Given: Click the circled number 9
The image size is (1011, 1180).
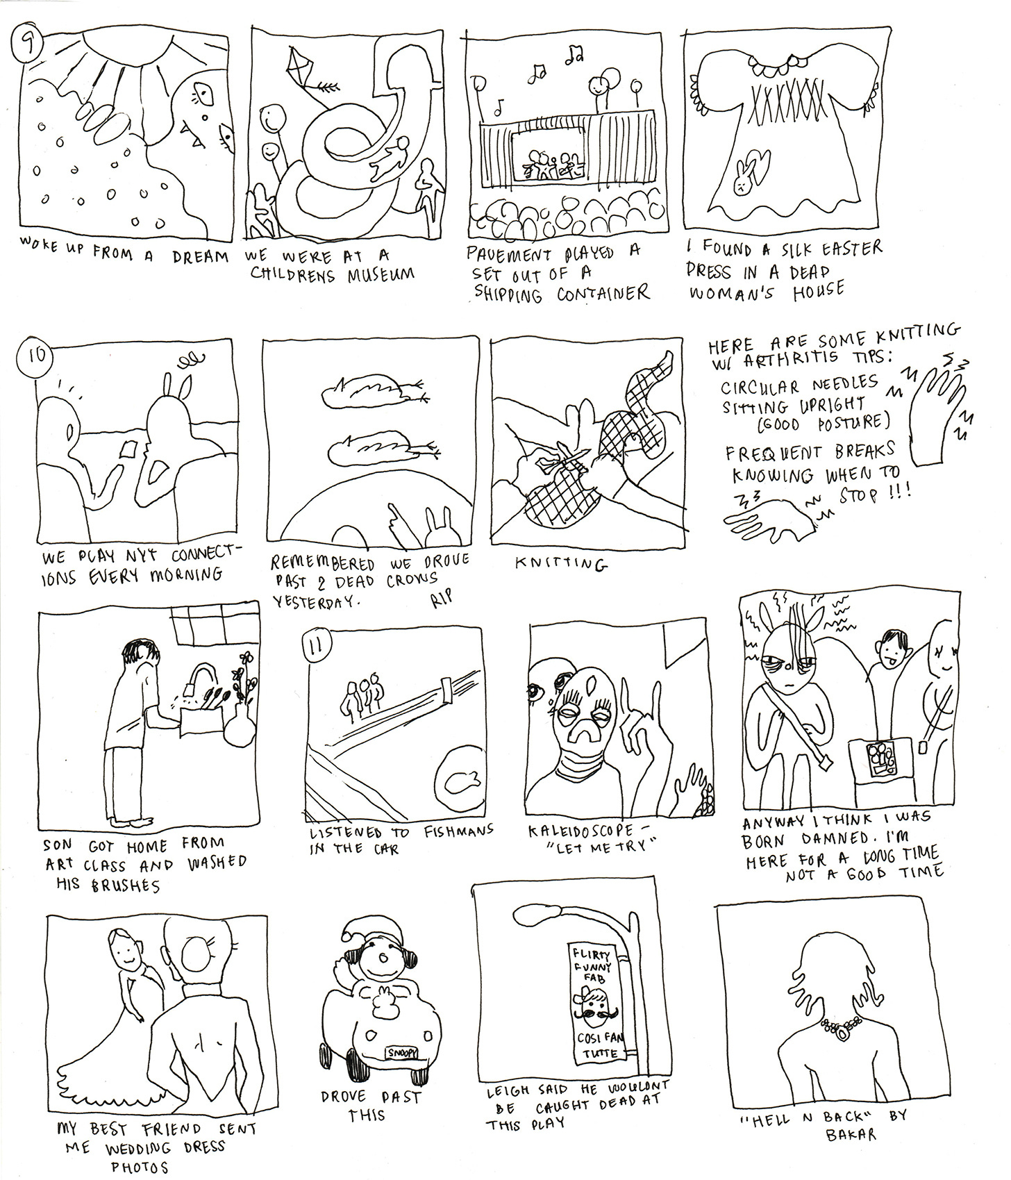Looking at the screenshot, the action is [x=31, y=48].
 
